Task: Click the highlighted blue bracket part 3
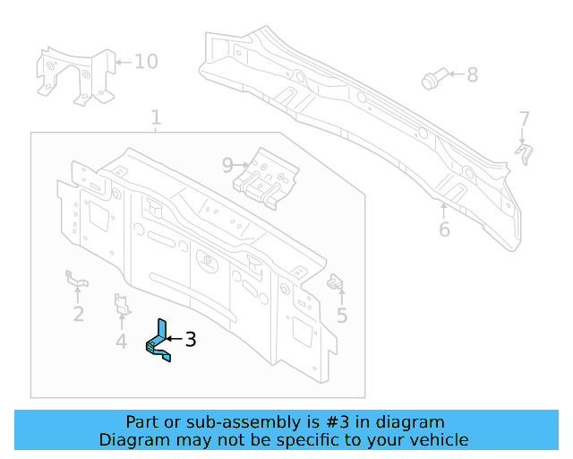tap(159, 342)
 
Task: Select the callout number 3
tap(190, 339)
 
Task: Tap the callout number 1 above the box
tap(156, 117)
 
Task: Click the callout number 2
tap(79, 313)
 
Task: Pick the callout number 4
tap(122, 341)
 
